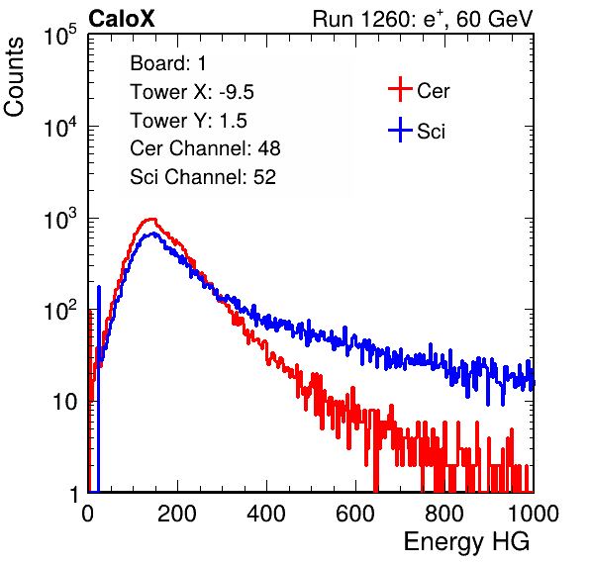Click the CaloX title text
122,19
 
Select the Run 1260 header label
423,19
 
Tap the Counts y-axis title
14,77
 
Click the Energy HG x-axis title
466,542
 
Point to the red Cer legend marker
400,89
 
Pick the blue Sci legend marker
400,130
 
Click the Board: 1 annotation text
168,63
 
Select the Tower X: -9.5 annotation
192,92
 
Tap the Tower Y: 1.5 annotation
188,121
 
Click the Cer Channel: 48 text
205,148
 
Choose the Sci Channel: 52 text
203,177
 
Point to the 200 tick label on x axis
177,514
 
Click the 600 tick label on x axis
355,514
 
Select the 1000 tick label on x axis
534,514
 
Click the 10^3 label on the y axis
60,219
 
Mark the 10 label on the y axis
64,402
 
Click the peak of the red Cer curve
151,219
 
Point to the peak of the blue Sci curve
153,234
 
